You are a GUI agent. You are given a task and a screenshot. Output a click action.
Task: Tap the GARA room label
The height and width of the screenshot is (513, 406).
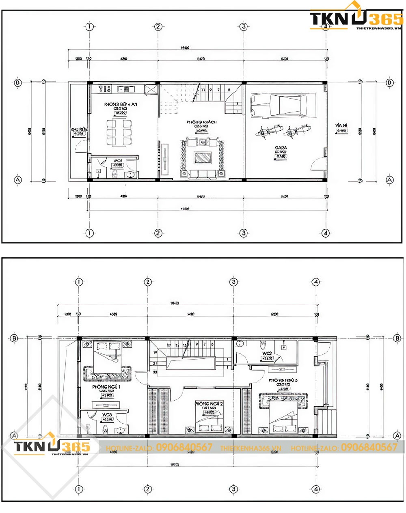[x=281, y=148]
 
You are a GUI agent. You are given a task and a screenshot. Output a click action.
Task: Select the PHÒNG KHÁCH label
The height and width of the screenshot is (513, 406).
[x=202, y=122]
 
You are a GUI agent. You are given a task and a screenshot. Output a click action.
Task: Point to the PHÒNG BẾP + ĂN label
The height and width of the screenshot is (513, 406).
[x=121, y=105]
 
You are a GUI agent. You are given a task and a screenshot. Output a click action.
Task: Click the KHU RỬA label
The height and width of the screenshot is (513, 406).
[x=79, y=129]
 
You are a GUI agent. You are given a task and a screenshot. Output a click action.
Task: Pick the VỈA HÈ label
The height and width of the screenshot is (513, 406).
[x=341, y=126]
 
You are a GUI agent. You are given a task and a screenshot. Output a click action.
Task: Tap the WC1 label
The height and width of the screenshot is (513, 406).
[x=119, y=161]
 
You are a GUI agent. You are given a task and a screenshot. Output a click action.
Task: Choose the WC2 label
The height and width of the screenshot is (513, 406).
[x=267, y=353]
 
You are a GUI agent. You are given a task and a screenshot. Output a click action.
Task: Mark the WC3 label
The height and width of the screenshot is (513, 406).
[x=107, y=414]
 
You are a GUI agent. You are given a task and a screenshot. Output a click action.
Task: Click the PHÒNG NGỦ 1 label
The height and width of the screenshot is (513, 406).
[x=106, y=387]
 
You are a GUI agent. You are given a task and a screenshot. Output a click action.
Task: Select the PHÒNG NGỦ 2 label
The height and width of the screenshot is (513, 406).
[x=209, y=404]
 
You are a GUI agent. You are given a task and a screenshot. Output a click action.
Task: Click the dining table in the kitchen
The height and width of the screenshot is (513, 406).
[x=119, y=131]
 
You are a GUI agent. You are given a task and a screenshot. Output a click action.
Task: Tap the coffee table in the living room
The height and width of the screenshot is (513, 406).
[x=202, y=157]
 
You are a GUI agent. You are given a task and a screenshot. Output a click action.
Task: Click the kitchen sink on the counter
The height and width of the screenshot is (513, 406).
[x=123, y=88]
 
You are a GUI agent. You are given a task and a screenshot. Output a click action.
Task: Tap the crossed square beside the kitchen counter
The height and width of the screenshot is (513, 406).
[x=150, y=89]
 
